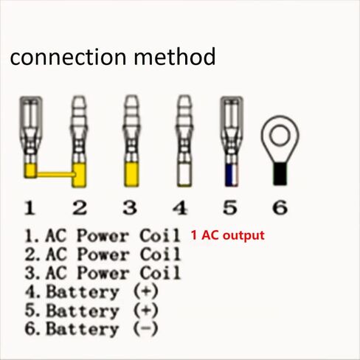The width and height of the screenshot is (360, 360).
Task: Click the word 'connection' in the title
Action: [x=68, y=57]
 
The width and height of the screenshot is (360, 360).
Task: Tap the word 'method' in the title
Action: [x=175, y=57]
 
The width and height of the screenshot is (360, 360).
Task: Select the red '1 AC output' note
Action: [x=228, y=235]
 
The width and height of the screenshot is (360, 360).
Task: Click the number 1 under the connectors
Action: [x=30, y=208]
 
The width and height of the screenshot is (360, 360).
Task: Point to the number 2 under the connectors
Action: [x=80, y=208]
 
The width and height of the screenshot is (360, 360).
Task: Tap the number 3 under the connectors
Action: [x=130, y=208]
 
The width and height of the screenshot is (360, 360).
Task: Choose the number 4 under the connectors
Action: [x=180, y=208]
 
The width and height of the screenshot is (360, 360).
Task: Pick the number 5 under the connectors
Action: [x=230, y=208]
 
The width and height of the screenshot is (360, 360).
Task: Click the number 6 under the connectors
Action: [x=280, y=208]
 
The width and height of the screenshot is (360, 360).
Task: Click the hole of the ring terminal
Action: [x=280, y=135]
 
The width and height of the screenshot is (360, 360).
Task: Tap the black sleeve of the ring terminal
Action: [x=280, y=173]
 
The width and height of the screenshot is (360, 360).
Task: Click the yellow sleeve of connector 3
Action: [x=131, y=174]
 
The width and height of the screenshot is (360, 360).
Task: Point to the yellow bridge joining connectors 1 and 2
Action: [x=55, y=174]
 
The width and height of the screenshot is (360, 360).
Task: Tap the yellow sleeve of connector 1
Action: [x=30, y=170]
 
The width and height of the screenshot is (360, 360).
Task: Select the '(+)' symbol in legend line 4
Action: [x=145, y=291]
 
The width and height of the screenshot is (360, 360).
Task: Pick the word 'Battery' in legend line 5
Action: [x=83, y=311]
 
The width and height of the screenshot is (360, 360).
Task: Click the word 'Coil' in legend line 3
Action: [x=160, y=272]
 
